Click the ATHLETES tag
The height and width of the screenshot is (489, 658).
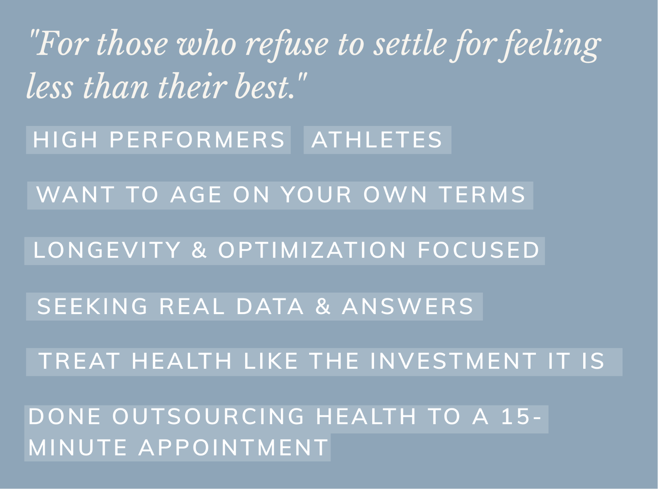377,140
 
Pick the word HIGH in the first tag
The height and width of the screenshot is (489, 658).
65,140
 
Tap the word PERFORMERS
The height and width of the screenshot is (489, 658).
197,140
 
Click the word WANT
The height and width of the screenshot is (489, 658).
75,195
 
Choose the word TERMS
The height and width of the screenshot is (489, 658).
482,195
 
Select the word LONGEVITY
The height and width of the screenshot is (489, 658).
107,250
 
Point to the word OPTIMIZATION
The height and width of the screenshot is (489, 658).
312,250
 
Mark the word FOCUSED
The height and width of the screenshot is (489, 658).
478,250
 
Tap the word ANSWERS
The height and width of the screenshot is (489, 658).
408,306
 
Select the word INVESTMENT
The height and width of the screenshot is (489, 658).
453,361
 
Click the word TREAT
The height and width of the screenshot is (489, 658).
80,361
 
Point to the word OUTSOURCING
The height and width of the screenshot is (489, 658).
208,417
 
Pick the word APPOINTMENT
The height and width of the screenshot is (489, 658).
233,448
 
